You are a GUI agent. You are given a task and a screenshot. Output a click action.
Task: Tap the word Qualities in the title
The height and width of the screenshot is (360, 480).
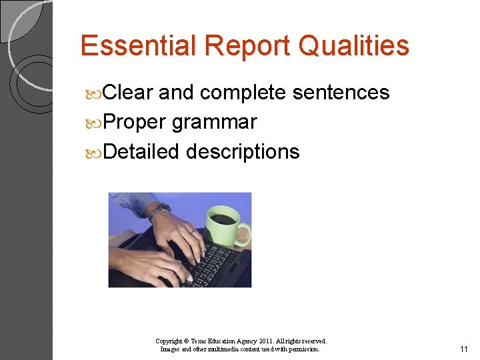pos(354,46)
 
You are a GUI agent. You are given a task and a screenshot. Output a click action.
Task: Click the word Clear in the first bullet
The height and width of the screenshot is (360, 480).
pos(129,93)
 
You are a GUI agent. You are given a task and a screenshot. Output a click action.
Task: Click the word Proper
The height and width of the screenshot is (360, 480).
pos(135,123)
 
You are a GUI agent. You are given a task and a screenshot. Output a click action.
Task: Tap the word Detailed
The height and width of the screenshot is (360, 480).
pos(142,152)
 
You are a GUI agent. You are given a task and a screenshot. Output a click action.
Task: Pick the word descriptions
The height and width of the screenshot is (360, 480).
pos(243,153)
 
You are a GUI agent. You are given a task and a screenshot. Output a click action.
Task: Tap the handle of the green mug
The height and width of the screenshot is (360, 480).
pos(244,235)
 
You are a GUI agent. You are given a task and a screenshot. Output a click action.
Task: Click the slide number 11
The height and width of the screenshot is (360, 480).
pos(464,349)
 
